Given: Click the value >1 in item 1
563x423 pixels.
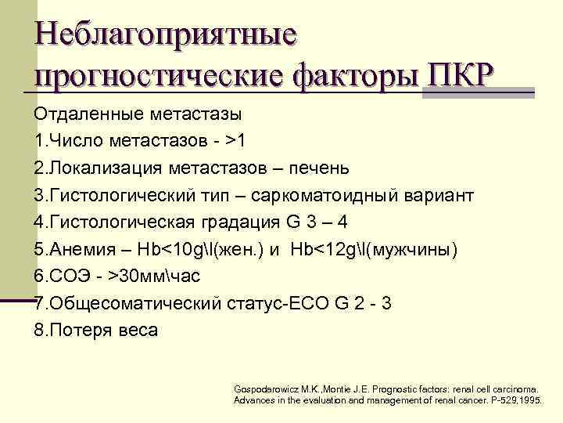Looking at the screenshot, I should [x=235, y=141].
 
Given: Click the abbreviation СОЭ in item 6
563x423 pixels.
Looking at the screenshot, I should [x=66, y=277].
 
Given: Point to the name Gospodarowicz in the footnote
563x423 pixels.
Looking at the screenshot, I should [x=267, y=389].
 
